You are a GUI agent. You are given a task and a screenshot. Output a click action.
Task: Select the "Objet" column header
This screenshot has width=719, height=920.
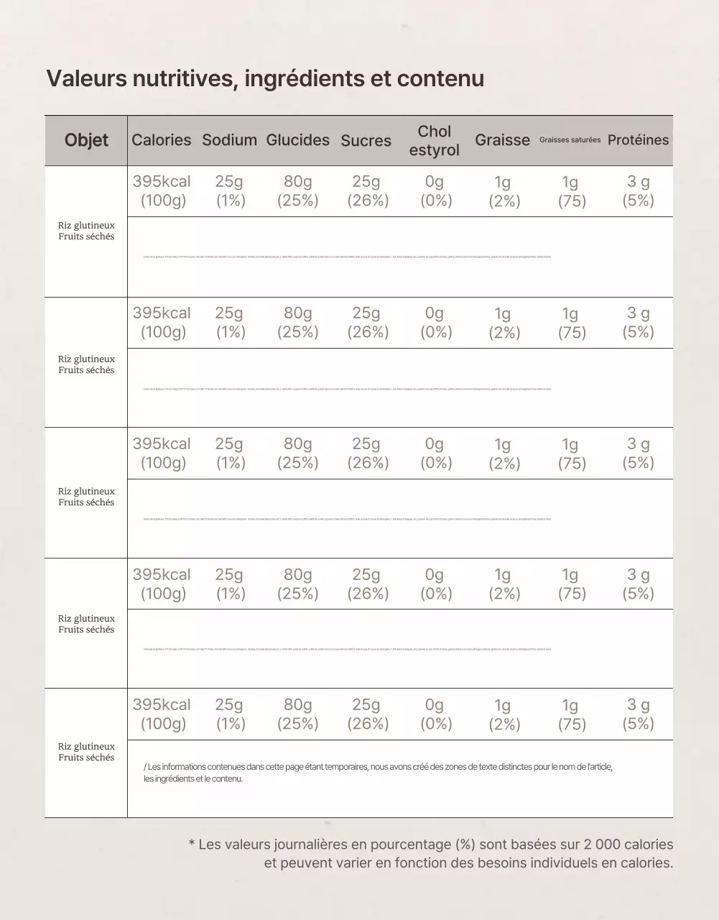coord(86,140)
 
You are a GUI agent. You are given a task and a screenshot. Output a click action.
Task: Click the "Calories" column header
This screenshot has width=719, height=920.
coord(162,140)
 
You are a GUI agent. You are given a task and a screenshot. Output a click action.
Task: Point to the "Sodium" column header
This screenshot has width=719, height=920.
coord(229,140)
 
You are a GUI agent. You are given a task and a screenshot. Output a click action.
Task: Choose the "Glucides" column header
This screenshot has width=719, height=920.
coord(297,140)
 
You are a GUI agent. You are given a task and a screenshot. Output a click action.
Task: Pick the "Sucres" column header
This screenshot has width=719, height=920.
coord(366,141)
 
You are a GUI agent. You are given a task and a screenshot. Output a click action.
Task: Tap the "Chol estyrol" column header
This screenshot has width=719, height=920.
coord(434,141)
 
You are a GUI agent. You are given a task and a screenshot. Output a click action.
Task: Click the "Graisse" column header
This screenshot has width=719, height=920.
coord(502,140)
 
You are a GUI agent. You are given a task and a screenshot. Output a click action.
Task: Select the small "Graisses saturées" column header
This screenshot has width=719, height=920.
coord(570,140)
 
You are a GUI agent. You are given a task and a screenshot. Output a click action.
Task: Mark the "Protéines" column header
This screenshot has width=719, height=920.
coord(638,140)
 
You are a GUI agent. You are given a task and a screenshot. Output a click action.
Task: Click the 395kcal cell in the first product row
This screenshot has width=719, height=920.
coord(162,191)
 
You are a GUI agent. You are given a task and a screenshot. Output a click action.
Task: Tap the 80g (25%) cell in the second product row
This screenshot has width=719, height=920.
coord(297,323)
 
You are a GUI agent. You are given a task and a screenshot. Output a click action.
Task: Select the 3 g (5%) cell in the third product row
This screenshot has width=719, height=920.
coord(638,454)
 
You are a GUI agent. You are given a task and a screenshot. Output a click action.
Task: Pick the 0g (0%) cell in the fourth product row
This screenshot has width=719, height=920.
coord(435,584)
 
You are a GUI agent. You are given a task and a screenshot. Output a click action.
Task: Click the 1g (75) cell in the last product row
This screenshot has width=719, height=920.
coord(571,714)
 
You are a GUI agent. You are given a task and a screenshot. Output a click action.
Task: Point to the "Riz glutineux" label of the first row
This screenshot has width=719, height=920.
coord(86,226)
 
